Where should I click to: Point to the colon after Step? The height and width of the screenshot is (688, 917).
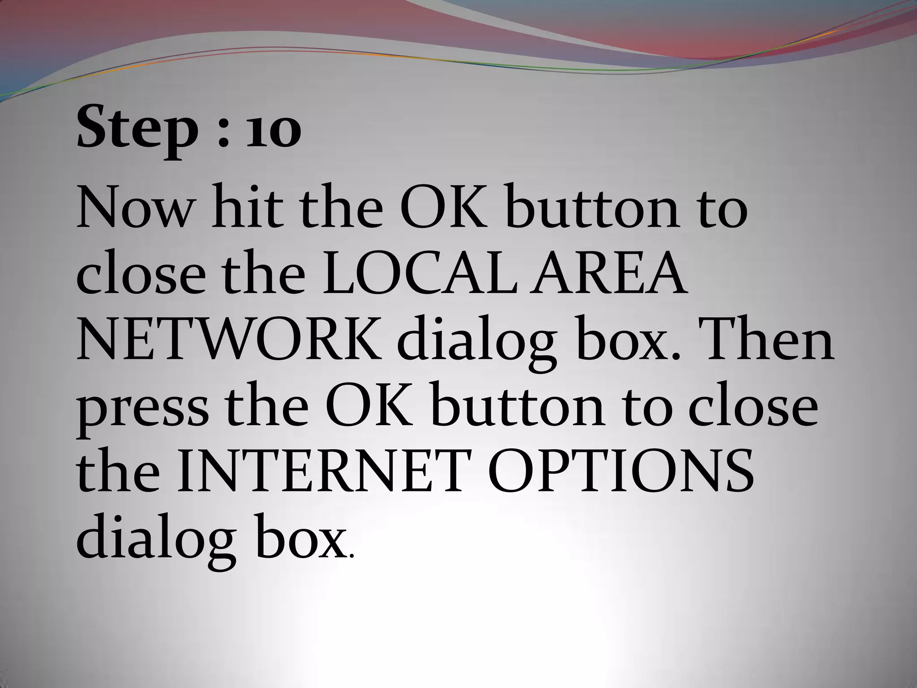(x=223, y=132)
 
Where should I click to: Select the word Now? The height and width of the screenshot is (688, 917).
(x=134, y=208)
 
